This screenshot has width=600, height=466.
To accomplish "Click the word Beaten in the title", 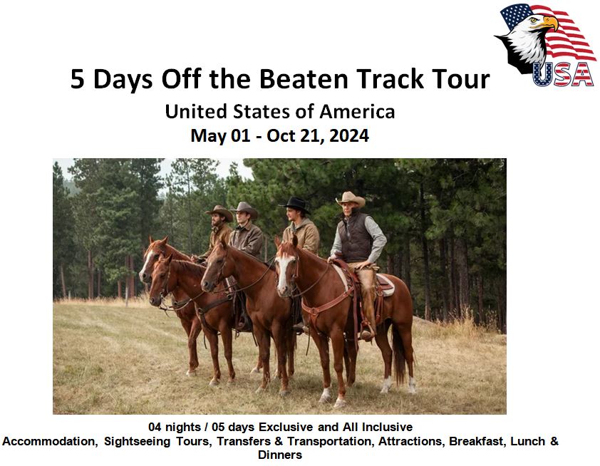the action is tap(304, 79).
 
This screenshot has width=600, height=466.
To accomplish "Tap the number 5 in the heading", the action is tap(77, 79).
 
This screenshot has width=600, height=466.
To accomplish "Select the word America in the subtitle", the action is tap(356, 112).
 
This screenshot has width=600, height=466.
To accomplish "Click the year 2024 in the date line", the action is tap(349, 135).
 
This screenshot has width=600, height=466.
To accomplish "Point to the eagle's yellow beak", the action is tap(550, 23).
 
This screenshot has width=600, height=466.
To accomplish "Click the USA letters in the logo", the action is tap(563, 74).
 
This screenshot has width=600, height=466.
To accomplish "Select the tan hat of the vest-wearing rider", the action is tap(350, 199).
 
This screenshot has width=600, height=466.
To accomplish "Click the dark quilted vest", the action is tap(355, 237).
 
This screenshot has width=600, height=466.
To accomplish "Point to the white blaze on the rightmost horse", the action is tap(284, 271).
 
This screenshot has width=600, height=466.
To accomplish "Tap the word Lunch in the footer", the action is tap(527, 441).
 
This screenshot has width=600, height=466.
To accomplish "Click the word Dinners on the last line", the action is tap(280, 455).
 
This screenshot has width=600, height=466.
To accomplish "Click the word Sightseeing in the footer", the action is tap(137, 442).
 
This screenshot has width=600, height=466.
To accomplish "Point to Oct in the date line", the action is tap(279, 135).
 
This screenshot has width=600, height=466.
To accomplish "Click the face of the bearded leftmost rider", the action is tap(218, 219).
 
